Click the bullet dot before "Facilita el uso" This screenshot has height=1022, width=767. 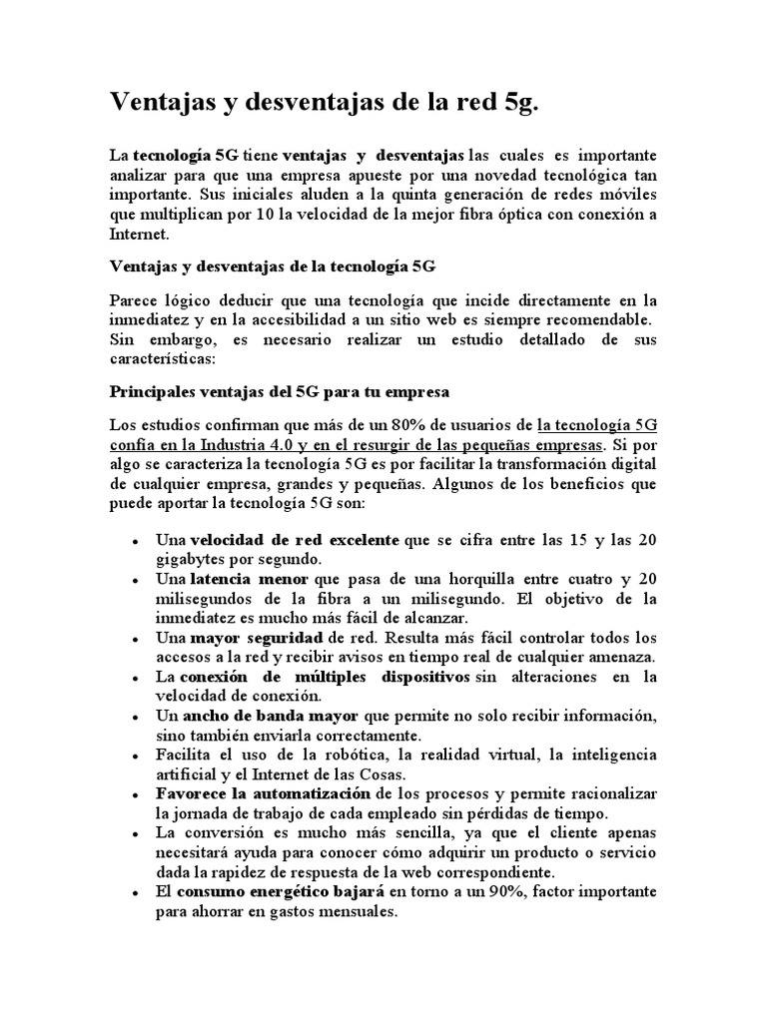click(x=135, y=756)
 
